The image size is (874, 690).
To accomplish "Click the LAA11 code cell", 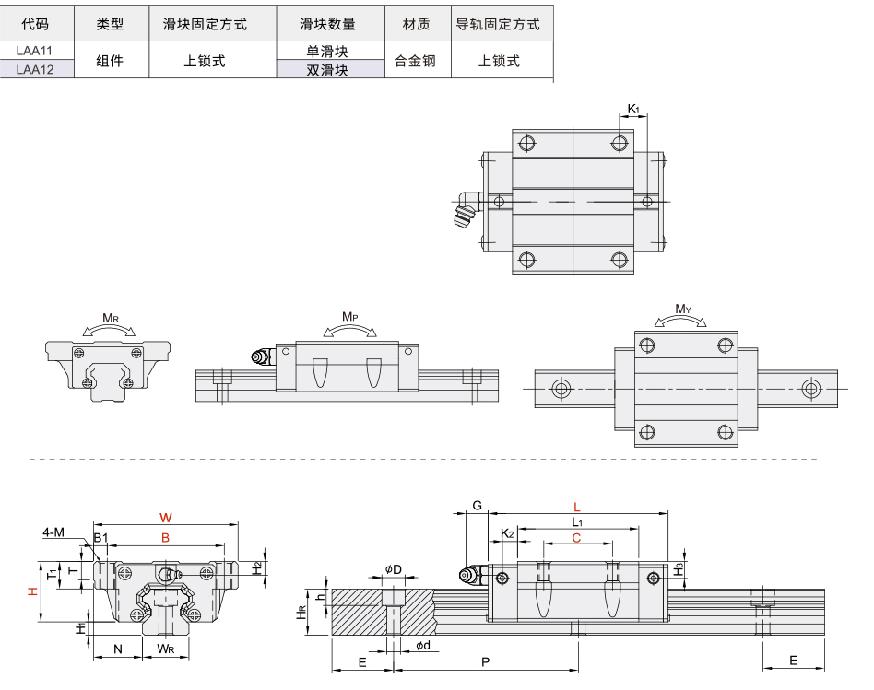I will pos(34,52).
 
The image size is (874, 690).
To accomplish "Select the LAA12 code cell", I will pos(34,68).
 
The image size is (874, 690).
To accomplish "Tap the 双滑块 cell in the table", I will pos(327,69).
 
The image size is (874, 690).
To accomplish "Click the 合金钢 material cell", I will pos(415,61).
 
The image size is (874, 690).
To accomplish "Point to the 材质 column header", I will pos(416,24).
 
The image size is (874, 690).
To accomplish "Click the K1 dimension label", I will pos(633,110).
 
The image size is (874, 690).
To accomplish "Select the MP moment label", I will pos(349,317).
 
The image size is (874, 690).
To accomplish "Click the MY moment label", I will pos(682,309).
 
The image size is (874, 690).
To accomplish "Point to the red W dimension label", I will pos(165,516).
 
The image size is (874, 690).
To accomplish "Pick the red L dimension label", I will pos(577,507).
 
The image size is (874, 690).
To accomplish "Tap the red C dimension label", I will pos(576,537).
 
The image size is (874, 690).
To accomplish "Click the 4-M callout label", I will pos(53,532).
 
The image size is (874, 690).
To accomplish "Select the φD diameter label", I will pos(393,569).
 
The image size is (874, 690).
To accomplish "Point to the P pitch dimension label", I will pos(485,662).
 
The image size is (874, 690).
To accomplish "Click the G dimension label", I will pos(477,506).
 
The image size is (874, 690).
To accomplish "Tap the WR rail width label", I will pos(165,649).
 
